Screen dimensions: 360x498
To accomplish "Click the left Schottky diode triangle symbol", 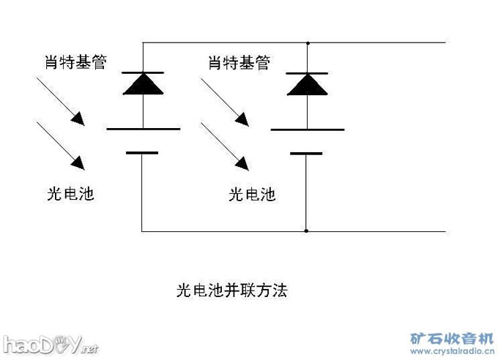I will (x=142, y=84).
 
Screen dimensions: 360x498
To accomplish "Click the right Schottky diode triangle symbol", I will (x=306, y=84).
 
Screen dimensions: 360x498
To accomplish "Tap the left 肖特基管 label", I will (x=76, y=62).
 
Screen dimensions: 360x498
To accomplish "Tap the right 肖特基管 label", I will (x=239, y=62).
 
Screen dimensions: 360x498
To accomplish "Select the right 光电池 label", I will (x=252, y=194).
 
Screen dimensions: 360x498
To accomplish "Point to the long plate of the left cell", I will (x=143, y=129).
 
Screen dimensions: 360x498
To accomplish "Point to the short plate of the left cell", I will (x=142, y=152).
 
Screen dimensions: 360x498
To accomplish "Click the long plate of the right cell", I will (x=307, y=130).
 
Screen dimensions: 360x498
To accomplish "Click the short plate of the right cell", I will (x=306, y=153).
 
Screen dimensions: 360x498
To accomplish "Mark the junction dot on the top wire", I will (x=307, y=42).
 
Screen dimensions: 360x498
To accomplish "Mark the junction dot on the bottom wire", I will (x=307, y=231).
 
